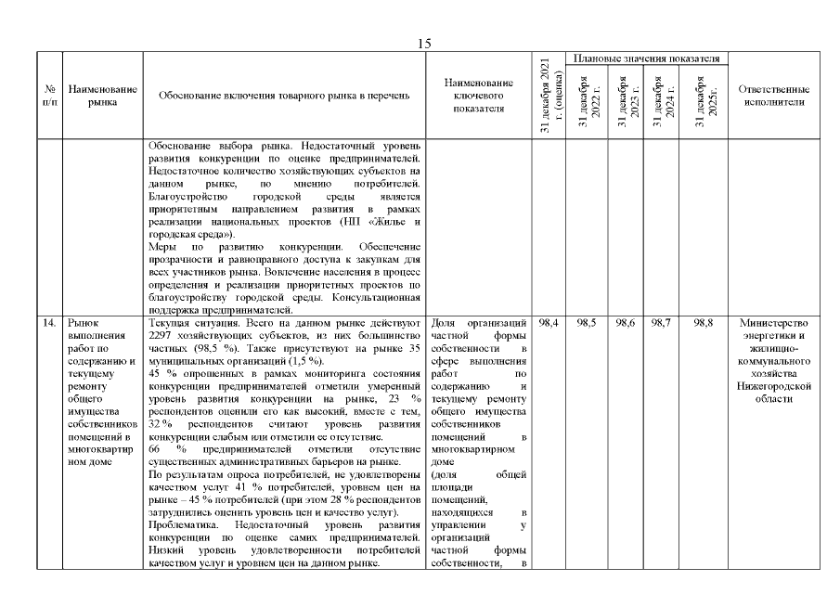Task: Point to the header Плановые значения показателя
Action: tap(647, 58)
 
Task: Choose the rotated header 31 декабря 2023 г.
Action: tap(625, 105)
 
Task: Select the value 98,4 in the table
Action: tap(548, 322)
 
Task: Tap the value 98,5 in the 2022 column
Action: tap(587, 322)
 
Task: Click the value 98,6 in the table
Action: tap(625, 322)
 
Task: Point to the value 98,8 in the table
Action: tap(704, 322)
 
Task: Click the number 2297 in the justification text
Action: tap(162, 335)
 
